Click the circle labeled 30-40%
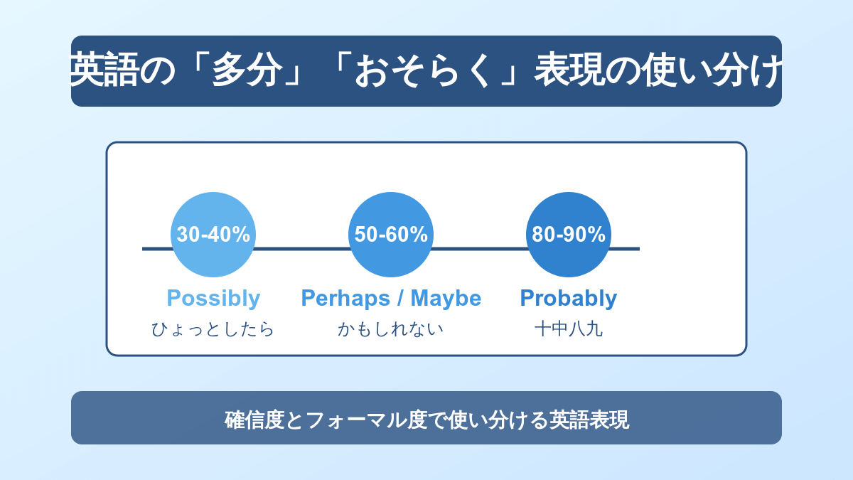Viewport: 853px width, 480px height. [213, 234]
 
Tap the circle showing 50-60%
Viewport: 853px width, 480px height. [391, 234]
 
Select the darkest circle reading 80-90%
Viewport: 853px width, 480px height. [569, 234]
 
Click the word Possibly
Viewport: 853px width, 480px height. [213, 298]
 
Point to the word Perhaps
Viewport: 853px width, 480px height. [345, 298]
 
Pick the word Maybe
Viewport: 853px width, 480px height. [446, 298]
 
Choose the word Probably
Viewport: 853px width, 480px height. [569, 298]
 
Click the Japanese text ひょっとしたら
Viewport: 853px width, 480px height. [213, 329]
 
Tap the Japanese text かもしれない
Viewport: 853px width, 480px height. [391, 329]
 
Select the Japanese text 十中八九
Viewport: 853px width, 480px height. [569, 329]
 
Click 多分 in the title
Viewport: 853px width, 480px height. [247, 70]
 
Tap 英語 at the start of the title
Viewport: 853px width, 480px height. [104, 70]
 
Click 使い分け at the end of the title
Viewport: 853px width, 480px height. [712, 70]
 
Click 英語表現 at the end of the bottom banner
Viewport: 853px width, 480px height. [589, 420]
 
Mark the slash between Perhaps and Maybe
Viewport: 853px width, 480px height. [400, 297]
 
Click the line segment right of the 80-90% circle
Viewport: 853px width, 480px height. [625, 249]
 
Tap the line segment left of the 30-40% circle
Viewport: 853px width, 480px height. [157, 249]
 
